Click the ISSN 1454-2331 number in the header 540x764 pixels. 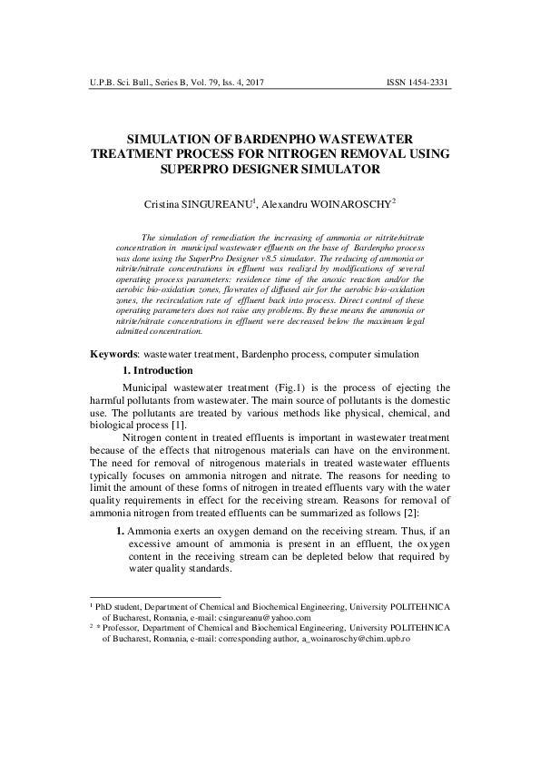coord(418,83)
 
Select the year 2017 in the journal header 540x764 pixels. coord(258,83)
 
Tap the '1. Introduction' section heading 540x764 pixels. coord(157,370)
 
